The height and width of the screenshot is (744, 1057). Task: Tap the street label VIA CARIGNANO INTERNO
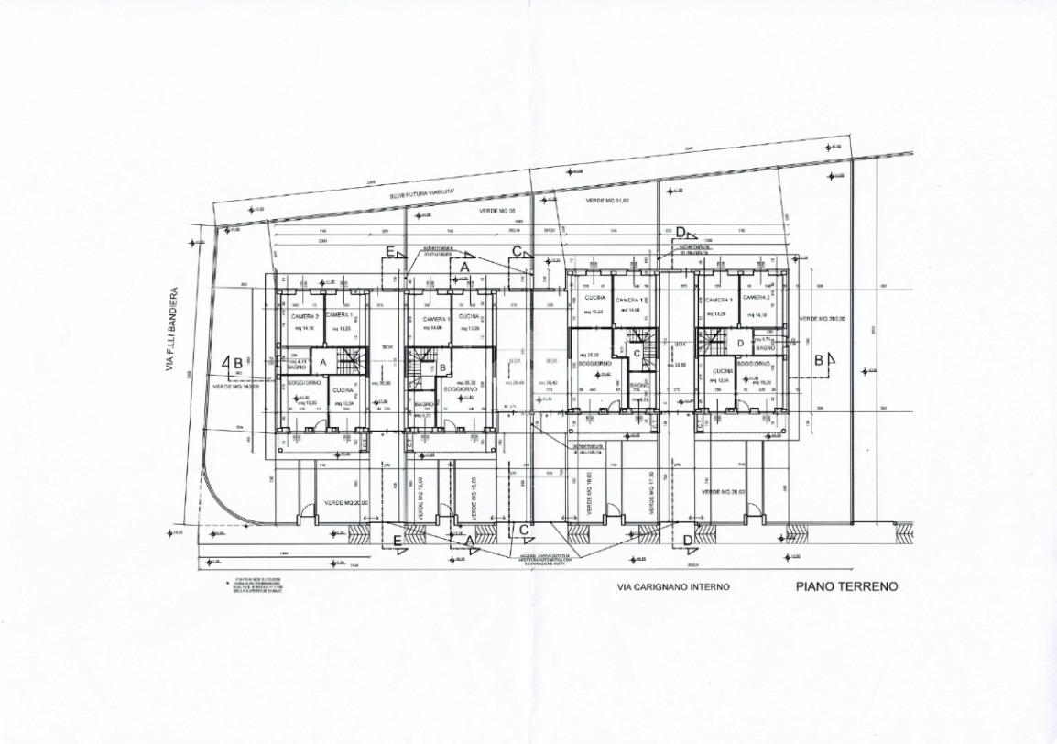click(x=674, y=587)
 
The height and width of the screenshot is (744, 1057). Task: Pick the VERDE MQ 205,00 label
click(x=821, y=319)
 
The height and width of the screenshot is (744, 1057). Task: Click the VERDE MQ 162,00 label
click(x=237, y=387)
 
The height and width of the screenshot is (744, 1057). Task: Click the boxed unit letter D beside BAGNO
click(x=740, y=344)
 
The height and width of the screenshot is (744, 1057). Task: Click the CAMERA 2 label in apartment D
click(x=755, y=298)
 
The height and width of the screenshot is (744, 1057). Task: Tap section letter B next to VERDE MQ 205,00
click(x=819, y=360)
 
